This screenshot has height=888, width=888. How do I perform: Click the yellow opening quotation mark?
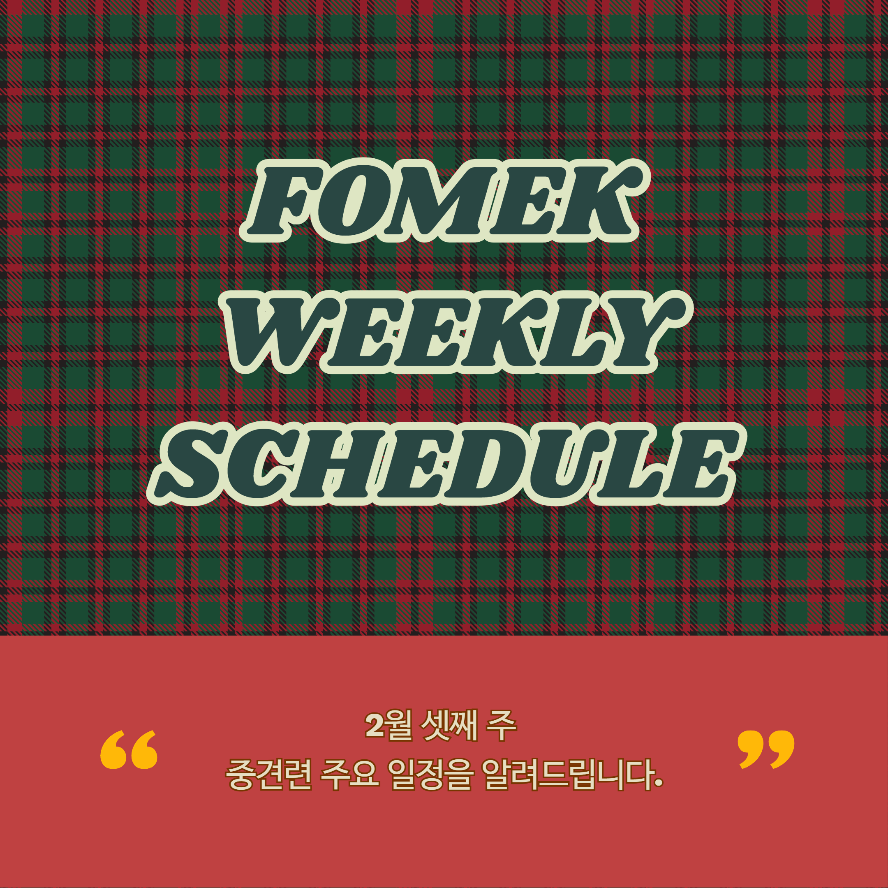tap(129, 749)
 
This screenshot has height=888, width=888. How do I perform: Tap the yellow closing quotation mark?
tap(766, 749)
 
